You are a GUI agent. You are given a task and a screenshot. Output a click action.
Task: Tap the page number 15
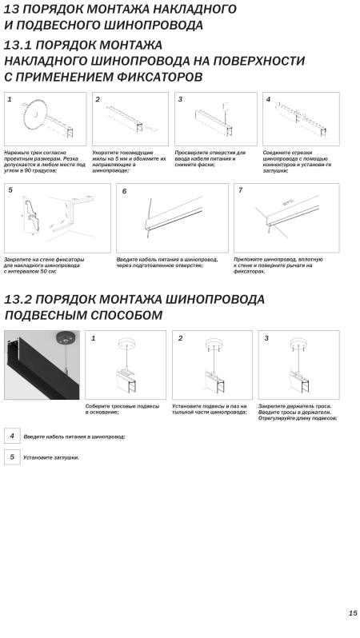point(353,613)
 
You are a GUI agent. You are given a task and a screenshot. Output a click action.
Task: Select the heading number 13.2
point(17,300)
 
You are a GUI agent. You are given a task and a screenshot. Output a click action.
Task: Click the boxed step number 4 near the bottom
point(12,436)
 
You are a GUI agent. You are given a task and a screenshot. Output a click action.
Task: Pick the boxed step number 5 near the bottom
point(12,457)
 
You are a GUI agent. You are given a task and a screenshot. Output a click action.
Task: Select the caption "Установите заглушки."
point(51,458)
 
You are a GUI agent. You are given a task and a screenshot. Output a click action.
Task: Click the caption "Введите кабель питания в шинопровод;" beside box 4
point(74,437)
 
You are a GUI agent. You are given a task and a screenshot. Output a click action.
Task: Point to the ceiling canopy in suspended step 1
point(127,343)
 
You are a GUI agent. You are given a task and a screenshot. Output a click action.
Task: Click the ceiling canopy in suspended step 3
point(301,343)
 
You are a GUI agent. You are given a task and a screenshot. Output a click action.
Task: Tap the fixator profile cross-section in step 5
point(31,215)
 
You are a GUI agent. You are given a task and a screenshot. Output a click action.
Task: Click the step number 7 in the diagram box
point(241,190)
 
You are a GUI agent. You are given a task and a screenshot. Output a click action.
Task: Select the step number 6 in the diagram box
point(124,191)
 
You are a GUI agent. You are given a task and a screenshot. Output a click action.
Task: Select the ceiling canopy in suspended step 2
point(214,343)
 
